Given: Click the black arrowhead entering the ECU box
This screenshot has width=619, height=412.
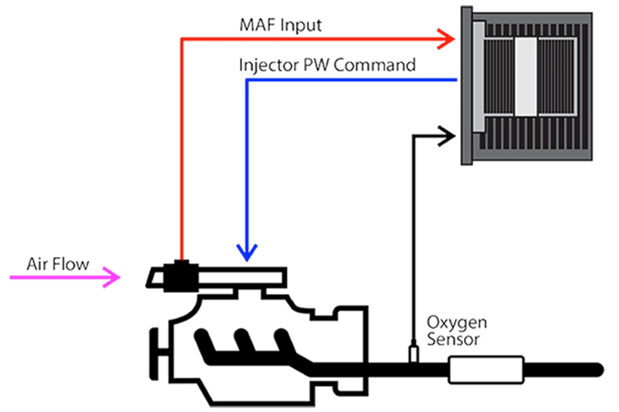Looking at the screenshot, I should tap(448, 135).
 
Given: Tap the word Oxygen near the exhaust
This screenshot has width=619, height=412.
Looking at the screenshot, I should tap(456, 323).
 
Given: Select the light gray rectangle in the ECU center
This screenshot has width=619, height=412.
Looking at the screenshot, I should tap(526, 77).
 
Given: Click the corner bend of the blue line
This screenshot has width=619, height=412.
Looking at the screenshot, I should tap(247, 80).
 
